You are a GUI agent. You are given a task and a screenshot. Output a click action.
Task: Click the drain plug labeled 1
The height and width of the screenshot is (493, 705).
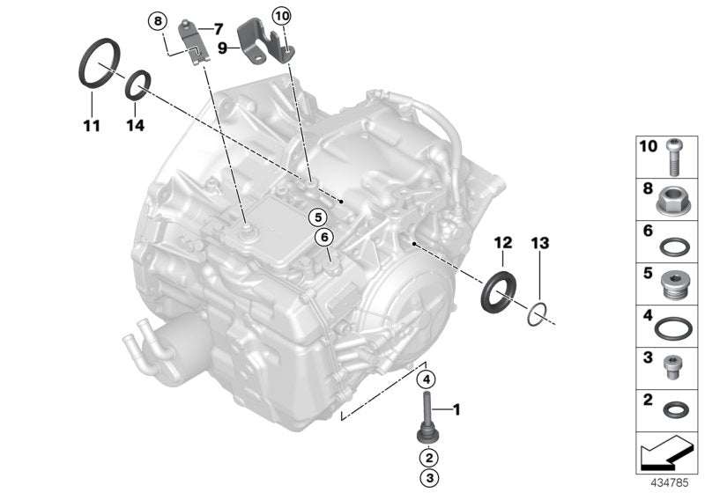427,419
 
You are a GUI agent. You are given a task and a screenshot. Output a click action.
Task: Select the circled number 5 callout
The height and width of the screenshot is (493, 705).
316,216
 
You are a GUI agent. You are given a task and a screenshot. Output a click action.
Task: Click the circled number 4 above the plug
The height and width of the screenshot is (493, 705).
426,380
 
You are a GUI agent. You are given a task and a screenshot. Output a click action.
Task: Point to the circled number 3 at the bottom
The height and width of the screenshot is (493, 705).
427,477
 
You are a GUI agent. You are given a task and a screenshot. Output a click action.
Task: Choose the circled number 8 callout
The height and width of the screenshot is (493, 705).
157,19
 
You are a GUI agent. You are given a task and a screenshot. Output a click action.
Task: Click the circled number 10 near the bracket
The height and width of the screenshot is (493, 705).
281,15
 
